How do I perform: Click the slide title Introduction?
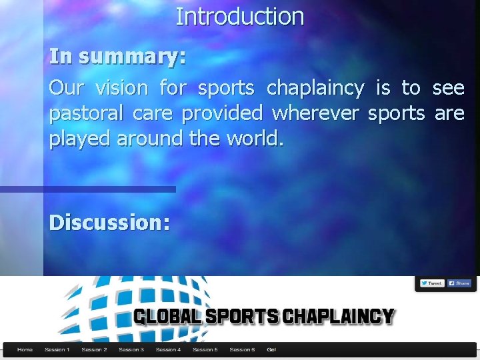[239, 17]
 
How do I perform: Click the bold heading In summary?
[117, 57]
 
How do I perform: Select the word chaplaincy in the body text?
[315, 88]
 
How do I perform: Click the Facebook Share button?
[459, 283]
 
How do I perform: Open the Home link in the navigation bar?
[25, 349]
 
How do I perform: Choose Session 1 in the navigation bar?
[57, 349]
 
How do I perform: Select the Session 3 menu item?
[131, 349]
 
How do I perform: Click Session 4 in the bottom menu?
[168, 349]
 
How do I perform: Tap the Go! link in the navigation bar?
[271, 349]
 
